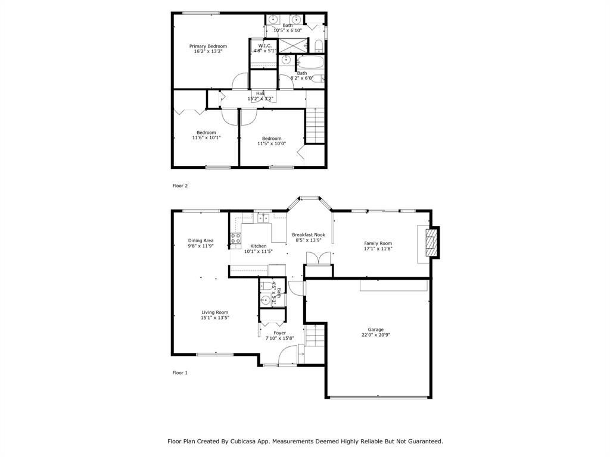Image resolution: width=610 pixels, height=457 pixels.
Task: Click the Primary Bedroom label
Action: point(208,46)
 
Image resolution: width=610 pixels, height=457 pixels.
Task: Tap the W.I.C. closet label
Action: point(265,46)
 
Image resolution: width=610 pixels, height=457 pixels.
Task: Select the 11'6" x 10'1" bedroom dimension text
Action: point(206,137)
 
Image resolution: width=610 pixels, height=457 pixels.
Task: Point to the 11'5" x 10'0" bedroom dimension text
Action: point(272,143)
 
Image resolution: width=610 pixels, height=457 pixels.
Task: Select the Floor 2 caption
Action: point(180,186)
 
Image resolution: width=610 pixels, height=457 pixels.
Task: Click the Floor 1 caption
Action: point(180,373)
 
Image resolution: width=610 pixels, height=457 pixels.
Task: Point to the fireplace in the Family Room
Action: point(431,242)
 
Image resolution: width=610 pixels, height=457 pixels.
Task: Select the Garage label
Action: point(375,330)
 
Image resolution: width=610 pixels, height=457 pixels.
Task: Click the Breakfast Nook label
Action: point(309,235)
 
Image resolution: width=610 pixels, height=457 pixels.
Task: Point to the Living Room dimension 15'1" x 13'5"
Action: point(214,318)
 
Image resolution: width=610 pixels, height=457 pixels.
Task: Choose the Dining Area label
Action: point(201,240)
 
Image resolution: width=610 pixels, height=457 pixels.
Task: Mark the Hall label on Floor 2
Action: point(260,93)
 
